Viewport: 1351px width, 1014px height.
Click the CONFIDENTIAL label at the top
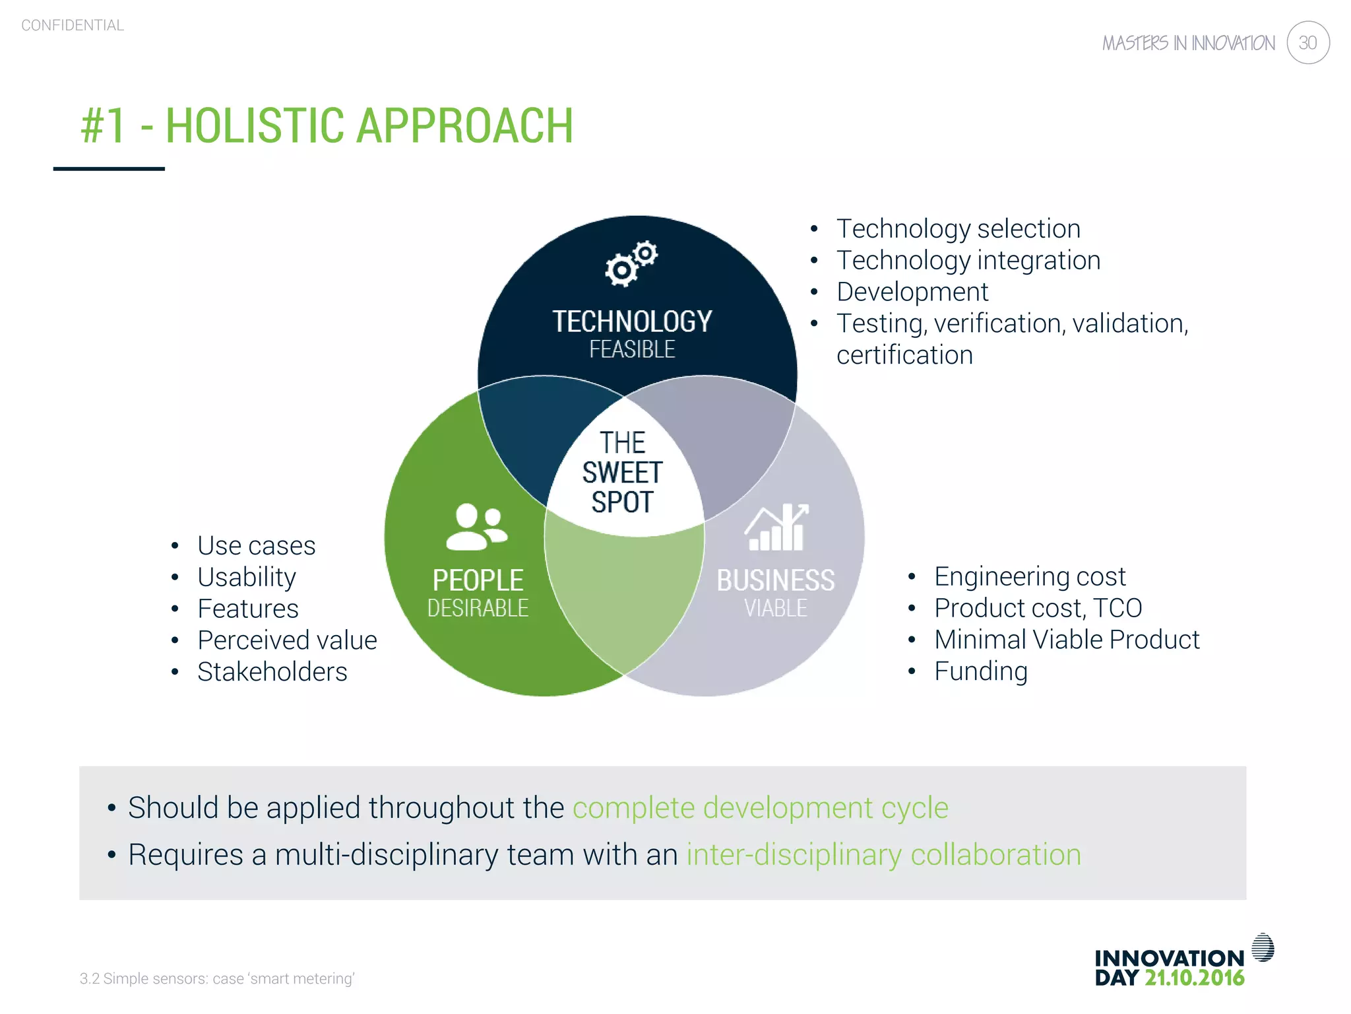(73, 25)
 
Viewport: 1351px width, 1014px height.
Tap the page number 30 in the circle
(1307, 43)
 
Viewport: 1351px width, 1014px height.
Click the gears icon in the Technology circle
(631, 263)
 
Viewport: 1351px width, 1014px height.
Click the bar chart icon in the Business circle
(776, 527)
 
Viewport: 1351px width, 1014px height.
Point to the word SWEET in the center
(622, 473)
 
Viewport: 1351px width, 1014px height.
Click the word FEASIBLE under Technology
(632, 349)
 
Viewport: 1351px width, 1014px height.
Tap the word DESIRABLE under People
(478, 608)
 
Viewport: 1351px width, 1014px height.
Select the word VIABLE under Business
(776, 608)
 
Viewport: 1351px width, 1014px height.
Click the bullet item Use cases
(256, 545)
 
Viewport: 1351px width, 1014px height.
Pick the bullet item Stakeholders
(272, 671)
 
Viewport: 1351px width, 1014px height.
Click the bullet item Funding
(980, 671)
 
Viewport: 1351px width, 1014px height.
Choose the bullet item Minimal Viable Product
(1066, 639)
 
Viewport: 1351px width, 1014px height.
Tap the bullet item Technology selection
(958, 228)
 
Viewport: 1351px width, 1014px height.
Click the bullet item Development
(912, 291)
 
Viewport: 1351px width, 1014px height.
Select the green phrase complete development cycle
(760, 807)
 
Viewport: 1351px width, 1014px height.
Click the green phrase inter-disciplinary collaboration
(883, 854)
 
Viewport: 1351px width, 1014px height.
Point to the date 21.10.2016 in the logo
(1194, 978)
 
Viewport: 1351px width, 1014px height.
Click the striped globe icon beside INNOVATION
(1263, 947)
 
